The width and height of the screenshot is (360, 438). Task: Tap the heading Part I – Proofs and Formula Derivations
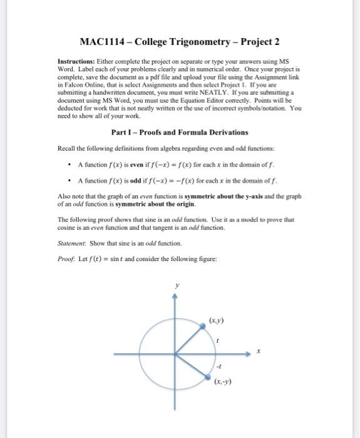180,133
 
